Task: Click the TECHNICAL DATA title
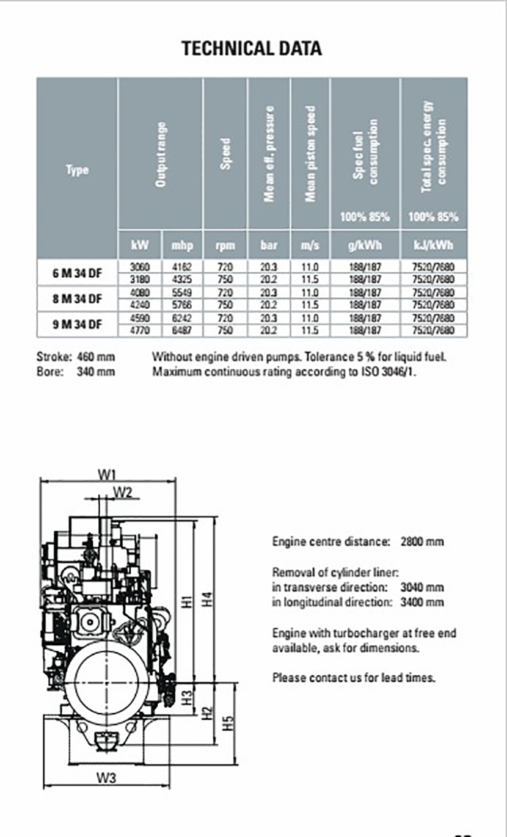tap(252, 48)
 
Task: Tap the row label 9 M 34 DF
tap(77, 324)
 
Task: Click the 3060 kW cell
tap(140, 267)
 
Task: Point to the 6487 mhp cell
tap(183, 330)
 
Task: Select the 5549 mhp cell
tap(183, 292)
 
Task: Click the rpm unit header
tap(225, 245)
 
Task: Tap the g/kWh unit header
tap(365, 245)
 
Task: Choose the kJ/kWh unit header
tap(434, 245)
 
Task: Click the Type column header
tap(77, 170)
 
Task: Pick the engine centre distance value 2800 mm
tap(422, 542)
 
